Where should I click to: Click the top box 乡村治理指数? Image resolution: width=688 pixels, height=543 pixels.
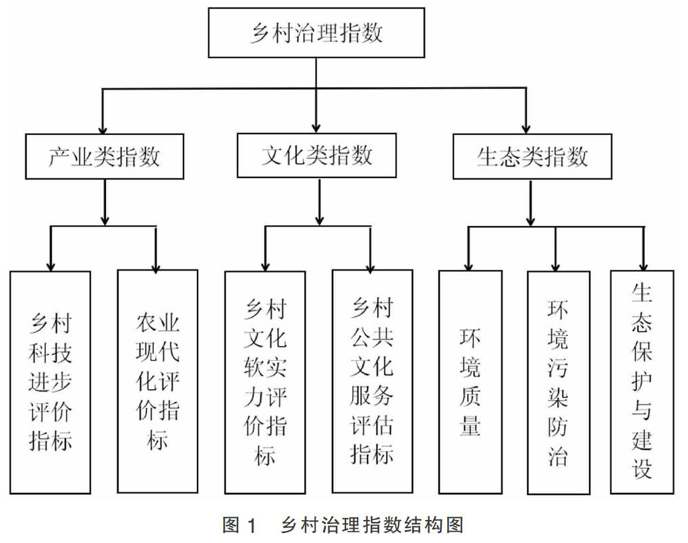point(316,32)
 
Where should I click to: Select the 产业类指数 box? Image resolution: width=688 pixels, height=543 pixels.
point(105,156)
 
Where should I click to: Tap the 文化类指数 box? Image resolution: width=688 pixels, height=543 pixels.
point(316,155)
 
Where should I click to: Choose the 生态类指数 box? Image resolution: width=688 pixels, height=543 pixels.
point(532,156)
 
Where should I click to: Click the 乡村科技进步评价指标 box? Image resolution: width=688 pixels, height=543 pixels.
point(50,382)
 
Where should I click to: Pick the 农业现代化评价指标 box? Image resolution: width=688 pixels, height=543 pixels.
point(158,381)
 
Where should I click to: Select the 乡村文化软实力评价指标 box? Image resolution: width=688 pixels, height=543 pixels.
point(265,382)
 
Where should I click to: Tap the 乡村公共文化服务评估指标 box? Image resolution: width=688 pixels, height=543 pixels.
point(372,381)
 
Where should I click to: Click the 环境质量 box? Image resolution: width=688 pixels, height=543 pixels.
point(470,382)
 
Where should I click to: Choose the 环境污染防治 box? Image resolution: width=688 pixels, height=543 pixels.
point(558,382)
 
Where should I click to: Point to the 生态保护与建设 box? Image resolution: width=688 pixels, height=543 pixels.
point(642,382)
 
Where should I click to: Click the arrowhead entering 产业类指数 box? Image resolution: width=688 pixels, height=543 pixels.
point(103,130)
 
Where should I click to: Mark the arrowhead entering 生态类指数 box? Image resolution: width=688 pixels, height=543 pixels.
point(526,129)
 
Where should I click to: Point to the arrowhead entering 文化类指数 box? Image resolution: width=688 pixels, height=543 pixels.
point(316,127)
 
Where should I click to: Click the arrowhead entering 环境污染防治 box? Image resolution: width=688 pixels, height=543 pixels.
point(556,266)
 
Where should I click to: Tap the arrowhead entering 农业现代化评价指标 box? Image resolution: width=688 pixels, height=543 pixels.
point(156,266)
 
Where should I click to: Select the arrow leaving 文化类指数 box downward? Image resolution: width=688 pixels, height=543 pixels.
point(320,202)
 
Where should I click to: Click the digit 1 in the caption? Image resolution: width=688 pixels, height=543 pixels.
point(251,525)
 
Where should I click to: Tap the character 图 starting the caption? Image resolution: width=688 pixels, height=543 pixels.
point(231,525)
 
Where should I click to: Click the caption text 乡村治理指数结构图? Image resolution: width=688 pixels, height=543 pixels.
point(372,525)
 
